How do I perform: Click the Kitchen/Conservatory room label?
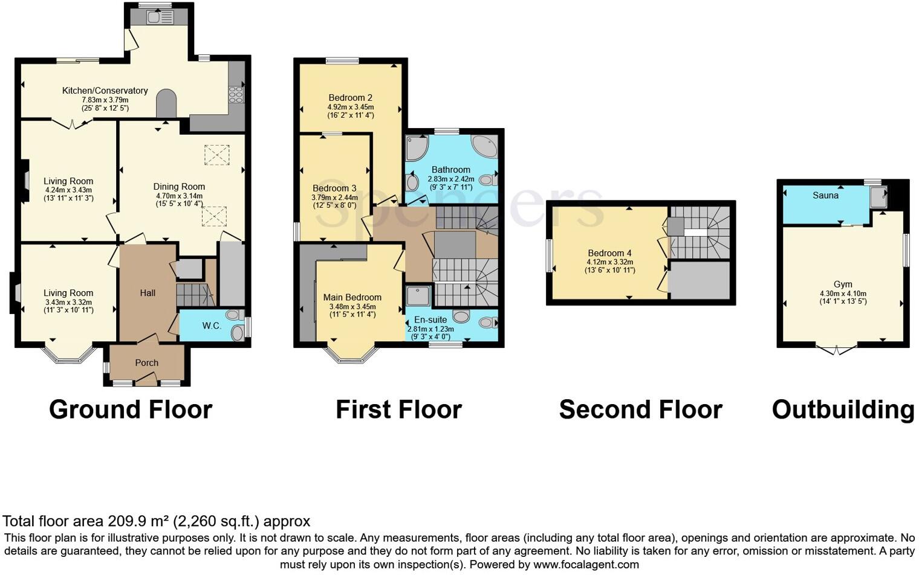[x=105, y=91]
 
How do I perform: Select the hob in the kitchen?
[x=236, y=95]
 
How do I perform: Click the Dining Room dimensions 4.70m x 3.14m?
[x=179, y=196]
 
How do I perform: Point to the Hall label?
[x=148, y=293]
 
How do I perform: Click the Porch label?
[x=146, y=363]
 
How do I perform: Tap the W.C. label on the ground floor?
[x=211, y=326]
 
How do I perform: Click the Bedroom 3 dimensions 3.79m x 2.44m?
[x=334, y=198]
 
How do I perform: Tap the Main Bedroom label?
[x=352, y=297]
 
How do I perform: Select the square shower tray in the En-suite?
[x=418, y=296]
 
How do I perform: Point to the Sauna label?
[x=825, y=195]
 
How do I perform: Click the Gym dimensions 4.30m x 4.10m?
[x=843, y=294]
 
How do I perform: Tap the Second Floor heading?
[x=640, y=410]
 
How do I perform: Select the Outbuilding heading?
[x=843, y=410]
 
